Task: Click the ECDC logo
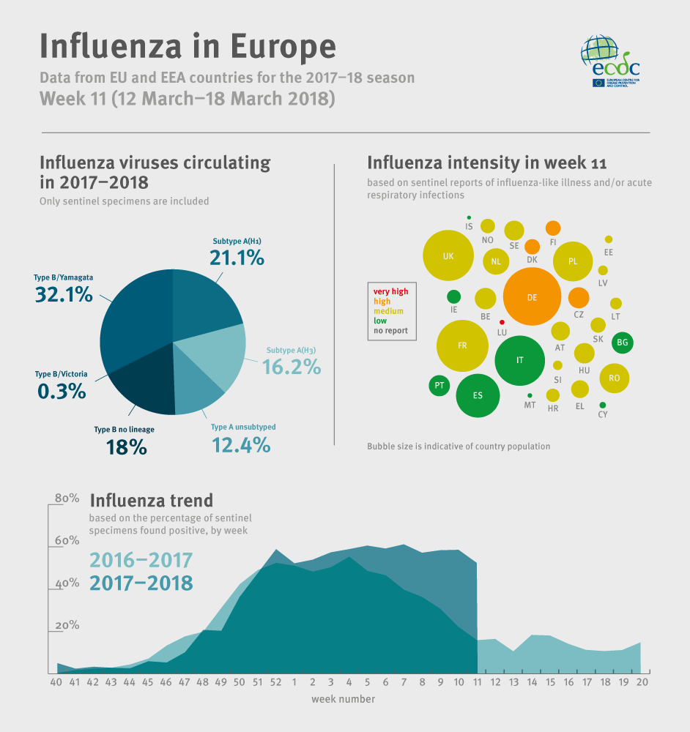tap(610, 61)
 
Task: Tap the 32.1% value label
tap(64, 294)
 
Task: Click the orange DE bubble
tap(532, 297)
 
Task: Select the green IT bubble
tap(520, 360)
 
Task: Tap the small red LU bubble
tap(502, 322)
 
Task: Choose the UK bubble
tap(448, 256)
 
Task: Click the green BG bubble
tap(623, 342)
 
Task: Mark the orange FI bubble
tap(553, 228)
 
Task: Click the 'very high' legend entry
tap(391, 291)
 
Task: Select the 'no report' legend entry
tap(391, 331)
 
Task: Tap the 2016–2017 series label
tap(141, 561)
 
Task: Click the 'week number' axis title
tap(343, 699)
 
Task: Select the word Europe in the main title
tap(283, 45)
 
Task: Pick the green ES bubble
tap(478, 395)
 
